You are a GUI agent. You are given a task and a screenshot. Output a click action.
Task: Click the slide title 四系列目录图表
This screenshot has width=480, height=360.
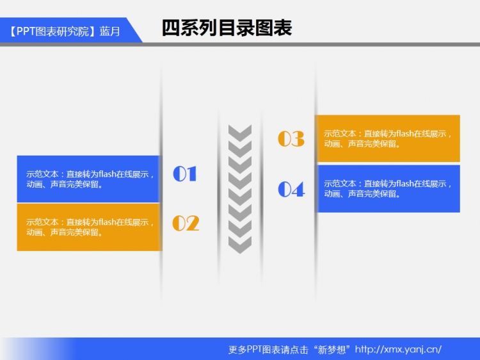pyautogui.click(x=227, y=28)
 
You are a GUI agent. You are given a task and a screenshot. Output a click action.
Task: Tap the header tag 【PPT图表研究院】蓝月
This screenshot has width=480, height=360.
pyautogui.click(x=64, y=31)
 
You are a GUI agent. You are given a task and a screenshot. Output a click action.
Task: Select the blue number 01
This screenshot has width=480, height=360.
pyautogui.click(x=185, y=174)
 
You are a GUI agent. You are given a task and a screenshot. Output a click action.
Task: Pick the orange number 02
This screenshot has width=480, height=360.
pyautogui.click(x=186, y=223)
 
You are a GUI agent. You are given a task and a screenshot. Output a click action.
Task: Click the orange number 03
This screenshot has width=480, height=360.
pyautogui.click(x=291, y=138)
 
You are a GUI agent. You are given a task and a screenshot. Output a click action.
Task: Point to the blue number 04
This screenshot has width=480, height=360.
pyautogui.click(x=291, y=189)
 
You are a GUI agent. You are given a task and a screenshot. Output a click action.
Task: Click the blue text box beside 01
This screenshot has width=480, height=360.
pyautogui.click(x=89, y=179)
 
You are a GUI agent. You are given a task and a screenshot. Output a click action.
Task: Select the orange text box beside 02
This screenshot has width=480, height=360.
pyautogui.click(x=89, y=227)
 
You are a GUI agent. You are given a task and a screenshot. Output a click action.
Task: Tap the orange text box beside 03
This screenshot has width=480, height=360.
pyautogui.click(x=388, y=138)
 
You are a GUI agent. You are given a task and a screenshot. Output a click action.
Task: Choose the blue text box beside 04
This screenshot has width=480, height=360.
pyautogui.click(x=388, y=189)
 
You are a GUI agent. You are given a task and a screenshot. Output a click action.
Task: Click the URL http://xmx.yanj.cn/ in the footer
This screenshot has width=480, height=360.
pyautogui.click(x=398, y=349)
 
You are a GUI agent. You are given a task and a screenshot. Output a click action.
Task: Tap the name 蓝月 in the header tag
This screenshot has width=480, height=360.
pyautogui.click(x=110, y=31)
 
